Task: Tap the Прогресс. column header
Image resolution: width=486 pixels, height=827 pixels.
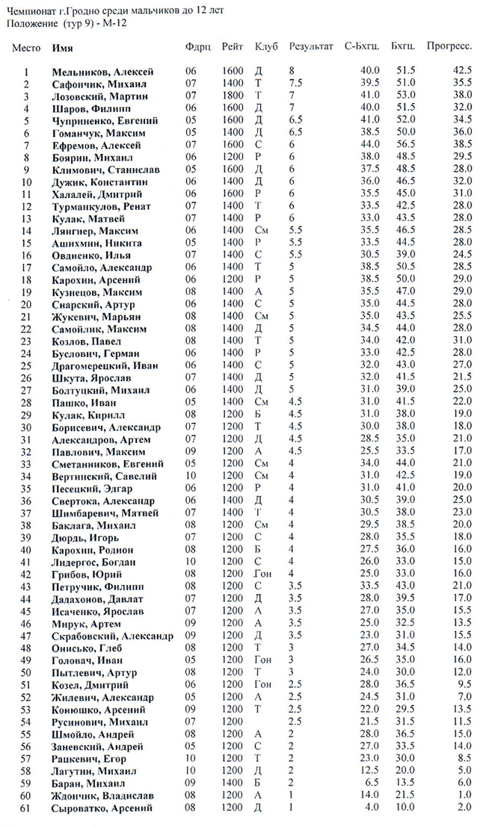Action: click(x=449, y=46)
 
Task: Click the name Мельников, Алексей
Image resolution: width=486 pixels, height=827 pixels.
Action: click(x=102, y=72)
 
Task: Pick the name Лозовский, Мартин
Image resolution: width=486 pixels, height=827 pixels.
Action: click(x=97, y=96)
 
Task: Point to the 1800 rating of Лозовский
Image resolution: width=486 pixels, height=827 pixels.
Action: click(x=233, y=96)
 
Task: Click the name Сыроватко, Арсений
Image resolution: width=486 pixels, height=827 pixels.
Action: click(x=102, y=808)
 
